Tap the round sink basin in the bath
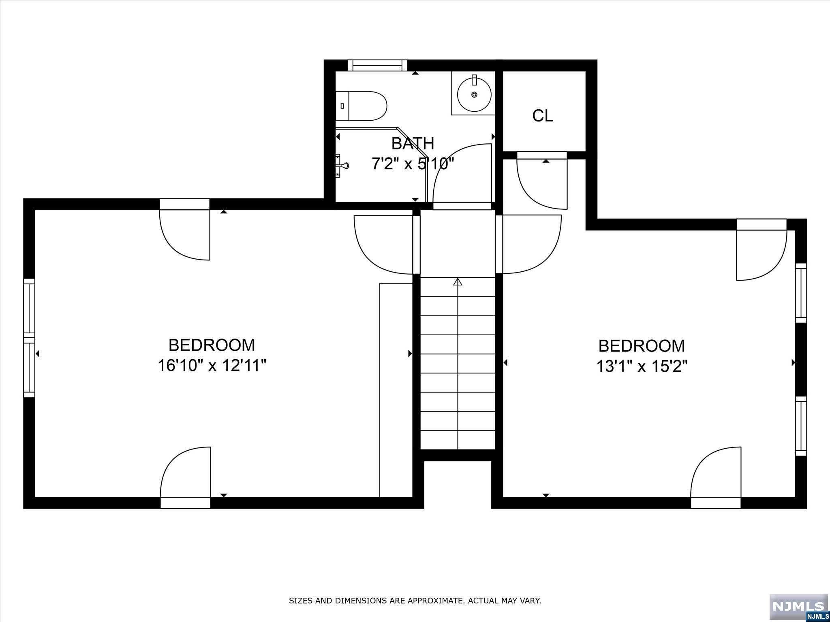pos(474,94)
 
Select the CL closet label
pos(543,116)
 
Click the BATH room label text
pos(413,143)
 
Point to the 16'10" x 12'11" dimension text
pos(212,366)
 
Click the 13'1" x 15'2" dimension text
pos(642,366)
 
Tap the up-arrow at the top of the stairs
pos(458,281)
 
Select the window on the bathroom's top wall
pos(377,65)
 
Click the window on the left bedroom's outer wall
pos(29,338)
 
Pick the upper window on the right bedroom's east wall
pos(800,293)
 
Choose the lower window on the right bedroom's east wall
pos(800,426)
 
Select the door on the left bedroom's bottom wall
pos(186,476)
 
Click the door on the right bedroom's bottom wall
pos(716,476)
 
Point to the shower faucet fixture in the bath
pos(342,166)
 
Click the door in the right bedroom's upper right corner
pos(761,253)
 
